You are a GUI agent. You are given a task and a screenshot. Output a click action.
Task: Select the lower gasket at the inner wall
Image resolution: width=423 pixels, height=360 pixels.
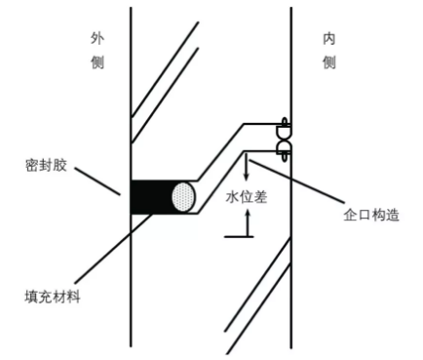284,149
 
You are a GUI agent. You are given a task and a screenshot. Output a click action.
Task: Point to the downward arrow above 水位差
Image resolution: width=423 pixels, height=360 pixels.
248,168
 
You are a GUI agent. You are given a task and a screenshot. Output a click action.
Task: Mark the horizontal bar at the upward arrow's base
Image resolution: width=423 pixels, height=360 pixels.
238,236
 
